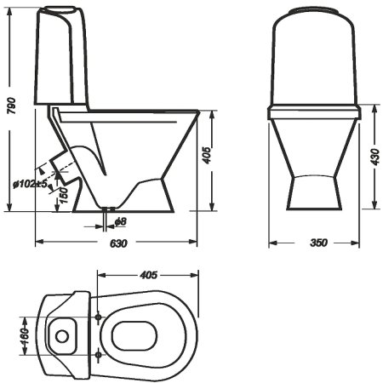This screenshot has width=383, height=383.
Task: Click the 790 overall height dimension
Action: [12, 106]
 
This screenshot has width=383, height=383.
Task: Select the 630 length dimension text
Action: [118, 243]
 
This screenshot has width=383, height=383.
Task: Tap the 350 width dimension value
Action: [319, 243]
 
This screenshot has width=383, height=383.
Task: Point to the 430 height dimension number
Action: [374, 157]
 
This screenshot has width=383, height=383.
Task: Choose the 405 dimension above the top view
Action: [148, 275]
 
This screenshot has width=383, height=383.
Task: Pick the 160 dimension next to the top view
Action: [26, 336]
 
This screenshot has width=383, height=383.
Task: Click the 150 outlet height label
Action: [64, 195]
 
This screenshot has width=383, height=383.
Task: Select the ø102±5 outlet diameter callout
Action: [30, 184]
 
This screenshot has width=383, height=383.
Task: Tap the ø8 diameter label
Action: [121, 221]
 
